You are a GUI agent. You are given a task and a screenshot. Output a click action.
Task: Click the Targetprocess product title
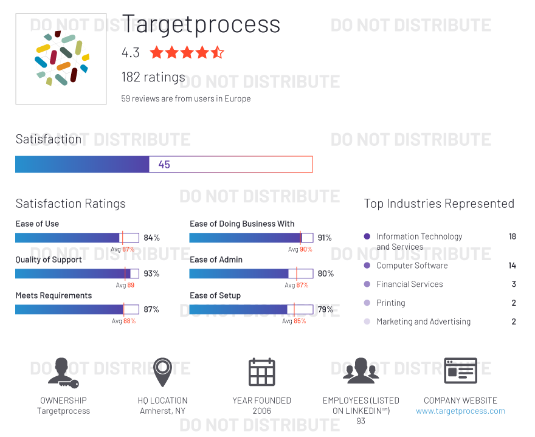coord(201,24)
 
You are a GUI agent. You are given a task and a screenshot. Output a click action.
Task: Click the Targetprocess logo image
coord(61,59)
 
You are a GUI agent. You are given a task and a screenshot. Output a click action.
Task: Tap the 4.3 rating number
coord(131,53)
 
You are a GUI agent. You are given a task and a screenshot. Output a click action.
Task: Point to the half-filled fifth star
coord(218,52)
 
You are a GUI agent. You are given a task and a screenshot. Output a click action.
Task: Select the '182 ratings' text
coord(153,77)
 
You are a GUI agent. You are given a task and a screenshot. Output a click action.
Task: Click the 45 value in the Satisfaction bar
coord(164,164)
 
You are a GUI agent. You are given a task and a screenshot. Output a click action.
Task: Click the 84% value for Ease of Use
coord(151,238)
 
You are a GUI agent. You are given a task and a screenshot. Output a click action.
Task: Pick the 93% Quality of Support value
coord(151,274)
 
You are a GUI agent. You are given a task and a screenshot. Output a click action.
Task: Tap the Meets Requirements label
coord(53,295)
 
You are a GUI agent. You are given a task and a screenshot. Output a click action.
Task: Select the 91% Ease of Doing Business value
coord(325,238)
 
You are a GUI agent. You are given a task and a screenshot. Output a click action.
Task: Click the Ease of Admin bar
coord(251,274)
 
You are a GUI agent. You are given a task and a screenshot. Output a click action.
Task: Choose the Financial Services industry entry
coord(409,284)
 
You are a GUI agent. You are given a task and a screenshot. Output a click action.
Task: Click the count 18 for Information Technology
coord(513,236)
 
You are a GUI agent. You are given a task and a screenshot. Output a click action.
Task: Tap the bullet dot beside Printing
coord(367,303)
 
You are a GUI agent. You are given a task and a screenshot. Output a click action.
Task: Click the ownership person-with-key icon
coord(63,372)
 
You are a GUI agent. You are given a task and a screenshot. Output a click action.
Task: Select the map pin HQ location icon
coord(162,372)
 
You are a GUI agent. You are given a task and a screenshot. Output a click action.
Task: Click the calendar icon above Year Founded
coord(261,372)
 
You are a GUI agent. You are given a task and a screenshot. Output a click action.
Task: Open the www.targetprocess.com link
coord(460,411)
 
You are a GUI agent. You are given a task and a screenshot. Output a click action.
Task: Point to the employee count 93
coord(361,421)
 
